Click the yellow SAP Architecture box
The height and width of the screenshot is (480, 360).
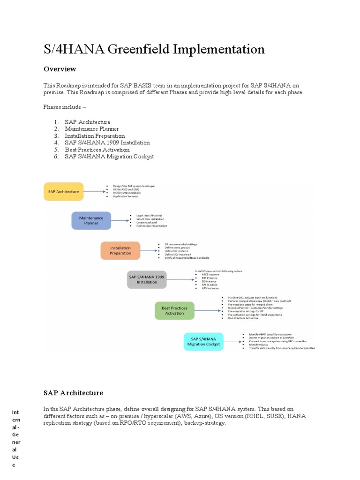tap(64, 191)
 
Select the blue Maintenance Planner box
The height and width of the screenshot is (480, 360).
tap(91, 220)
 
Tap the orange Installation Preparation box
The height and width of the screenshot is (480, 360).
tap(120, 250)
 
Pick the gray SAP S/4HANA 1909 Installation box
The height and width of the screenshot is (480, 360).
tap(147, 279)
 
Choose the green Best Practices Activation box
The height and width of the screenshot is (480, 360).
tap(174, 310)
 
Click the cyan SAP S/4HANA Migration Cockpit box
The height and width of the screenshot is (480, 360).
tap(203, 341)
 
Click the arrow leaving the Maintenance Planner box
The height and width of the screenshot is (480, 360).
tap(120, 220)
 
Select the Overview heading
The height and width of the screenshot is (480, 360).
tap(60, 69)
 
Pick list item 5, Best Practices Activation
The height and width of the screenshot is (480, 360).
tap(97, 150)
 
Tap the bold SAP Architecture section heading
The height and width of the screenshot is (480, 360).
tap(73, 393)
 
